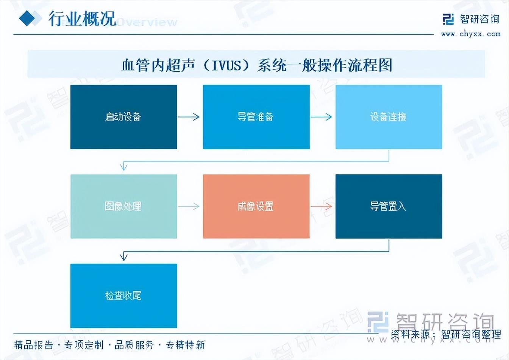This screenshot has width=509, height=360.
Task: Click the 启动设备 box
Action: point(123,117)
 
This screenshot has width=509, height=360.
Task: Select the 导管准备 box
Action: point(256,117)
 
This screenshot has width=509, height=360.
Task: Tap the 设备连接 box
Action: point(389,117)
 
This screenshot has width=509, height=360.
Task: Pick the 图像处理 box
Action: point(123,206)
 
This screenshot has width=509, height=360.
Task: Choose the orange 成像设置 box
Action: point(256,206)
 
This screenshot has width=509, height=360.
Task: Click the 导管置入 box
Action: point(389,206)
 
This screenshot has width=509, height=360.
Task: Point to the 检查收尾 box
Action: point(123,296)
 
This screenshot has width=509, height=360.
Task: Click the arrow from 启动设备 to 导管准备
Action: point(189,117)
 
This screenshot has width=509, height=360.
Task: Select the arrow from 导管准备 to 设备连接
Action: point(322,117)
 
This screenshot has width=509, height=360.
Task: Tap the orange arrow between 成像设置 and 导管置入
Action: point(322,206)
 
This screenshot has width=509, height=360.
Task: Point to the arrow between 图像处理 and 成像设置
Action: point(189,206)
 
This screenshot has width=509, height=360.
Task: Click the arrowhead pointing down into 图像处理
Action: point(123,167)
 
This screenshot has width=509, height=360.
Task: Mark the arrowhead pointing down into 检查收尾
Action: point(123,257)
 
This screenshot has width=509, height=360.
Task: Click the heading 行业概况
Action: point(82,18)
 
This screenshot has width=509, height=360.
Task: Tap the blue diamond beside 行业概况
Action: point(30,18)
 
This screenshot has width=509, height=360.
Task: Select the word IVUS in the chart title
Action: point(226,65)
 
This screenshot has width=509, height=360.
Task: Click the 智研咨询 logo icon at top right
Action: point(448,19)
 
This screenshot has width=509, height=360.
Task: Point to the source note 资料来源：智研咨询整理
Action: point(446,334)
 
